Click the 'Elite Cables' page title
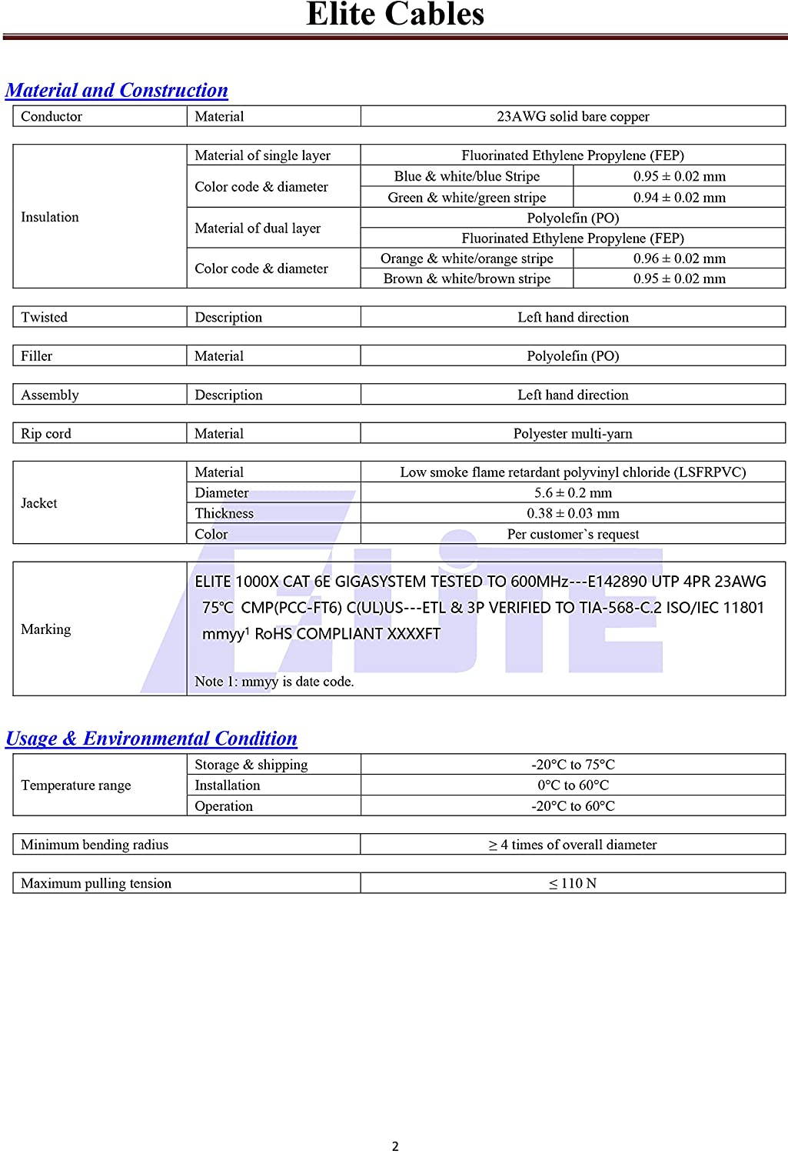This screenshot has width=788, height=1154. (x=395, y=15)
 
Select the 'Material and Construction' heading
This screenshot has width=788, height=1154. (x=117, y=91)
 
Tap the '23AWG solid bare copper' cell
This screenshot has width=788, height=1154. (x=573, y=117)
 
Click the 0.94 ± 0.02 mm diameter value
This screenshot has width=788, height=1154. (x=679, y=198)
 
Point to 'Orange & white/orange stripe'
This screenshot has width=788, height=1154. (x=467, y=258)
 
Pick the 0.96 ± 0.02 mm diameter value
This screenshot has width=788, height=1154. (x=679, y=258)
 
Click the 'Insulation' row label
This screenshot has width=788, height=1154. (x=50, y=217)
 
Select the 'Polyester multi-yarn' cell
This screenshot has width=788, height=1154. (x=573, y=434)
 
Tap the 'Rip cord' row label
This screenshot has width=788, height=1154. (x=46, y=434)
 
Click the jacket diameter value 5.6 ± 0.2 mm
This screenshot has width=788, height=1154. (x=573, y=493)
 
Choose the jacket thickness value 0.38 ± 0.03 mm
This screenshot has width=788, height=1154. (x=573, y=514)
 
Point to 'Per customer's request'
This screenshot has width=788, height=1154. (x=573, y=535)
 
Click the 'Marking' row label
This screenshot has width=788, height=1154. (x=46, y=629)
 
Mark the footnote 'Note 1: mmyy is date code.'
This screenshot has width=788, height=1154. (x=274, y=682)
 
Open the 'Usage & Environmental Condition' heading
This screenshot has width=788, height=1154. (x=151, y=739)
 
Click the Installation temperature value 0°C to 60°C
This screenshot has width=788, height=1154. (x=573, y=785)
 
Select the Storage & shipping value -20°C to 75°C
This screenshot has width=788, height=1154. (x=573, y=765)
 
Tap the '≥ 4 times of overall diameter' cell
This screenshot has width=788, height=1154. (x=573, y=845)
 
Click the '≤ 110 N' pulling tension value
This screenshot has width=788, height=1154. (x=573, y=883)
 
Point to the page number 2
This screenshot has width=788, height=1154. (x=395, y=1146)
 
